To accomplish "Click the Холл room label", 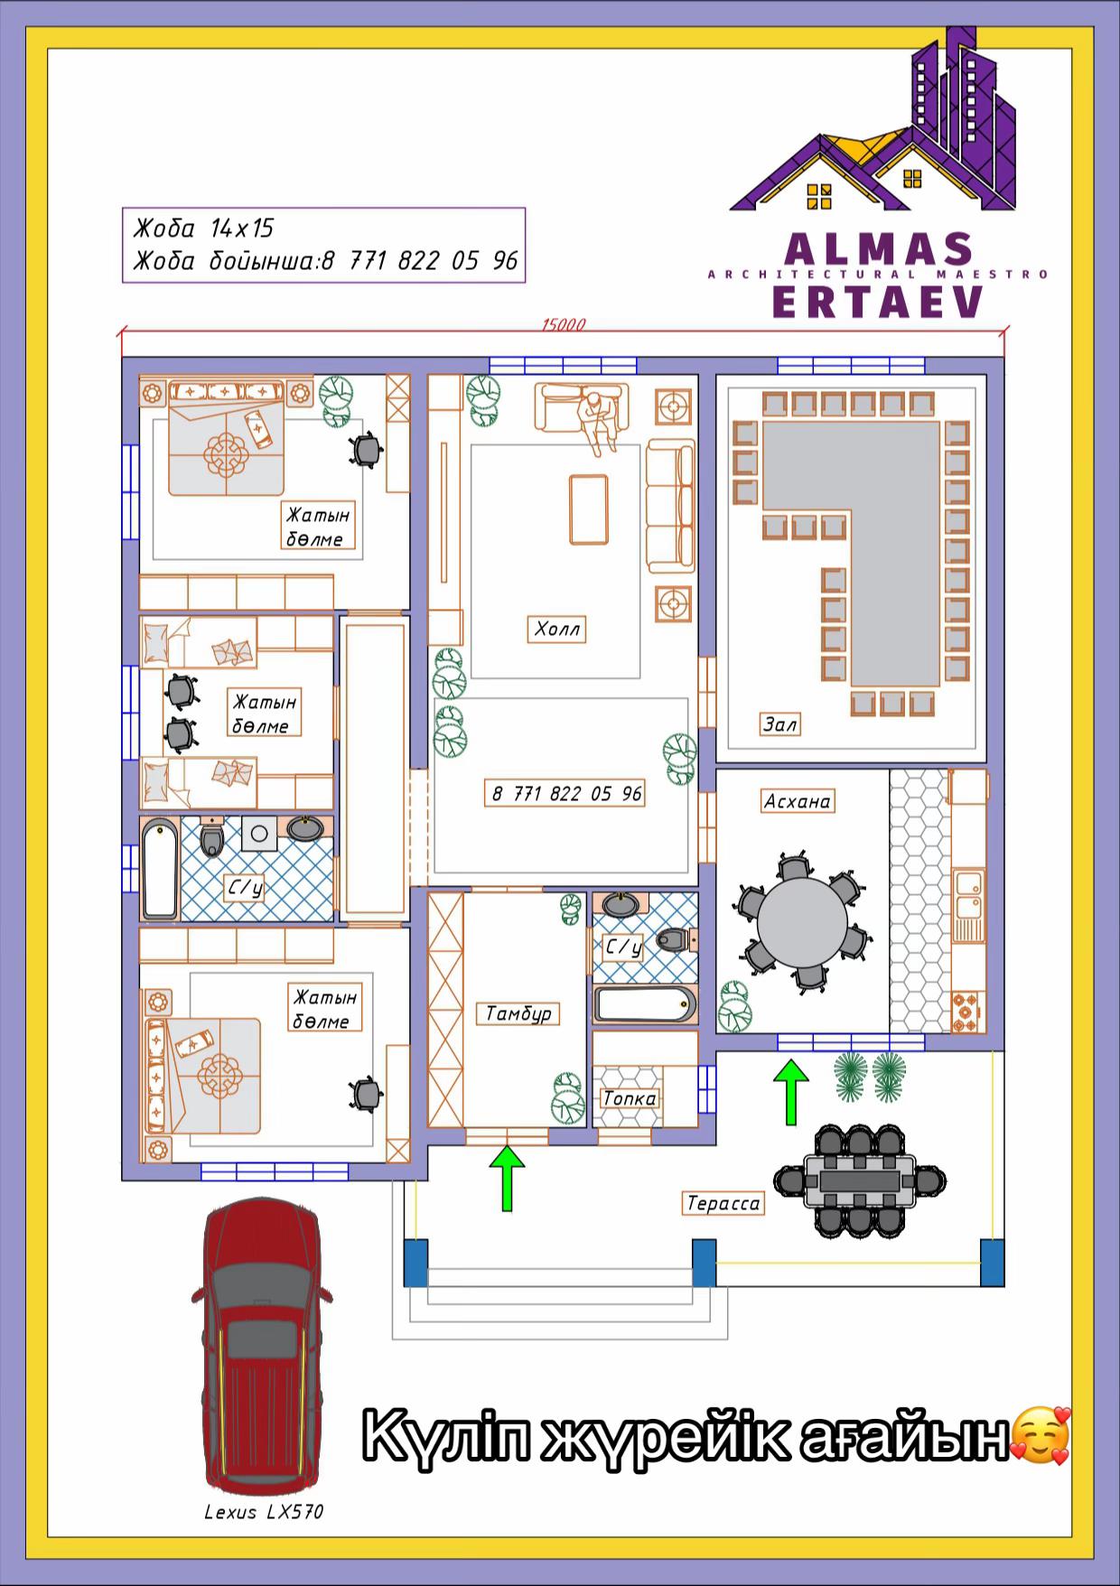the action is pos(556,629).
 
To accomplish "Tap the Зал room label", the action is pos(779,723).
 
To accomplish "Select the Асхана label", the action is pos(797,801).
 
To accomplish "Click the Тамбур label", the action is pos(518,1013).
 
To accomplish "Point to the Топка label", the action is pos(630,1098).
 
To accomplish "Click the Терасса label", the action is pos(723,1203).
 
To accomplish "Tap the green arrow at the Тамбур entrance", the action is pos(508,1178).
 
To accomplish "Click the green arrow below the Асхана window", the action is pos(791,1092).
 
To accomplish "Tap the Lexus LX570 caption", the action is pos(264,1512).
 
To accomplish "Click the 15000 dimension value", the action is pos(564,325).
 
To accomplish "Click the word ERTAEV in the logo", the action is pos(878,302).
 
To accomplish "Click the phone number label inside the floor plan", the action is pos(566,793).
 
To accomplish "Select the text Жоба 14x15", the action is pos(203,228).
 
